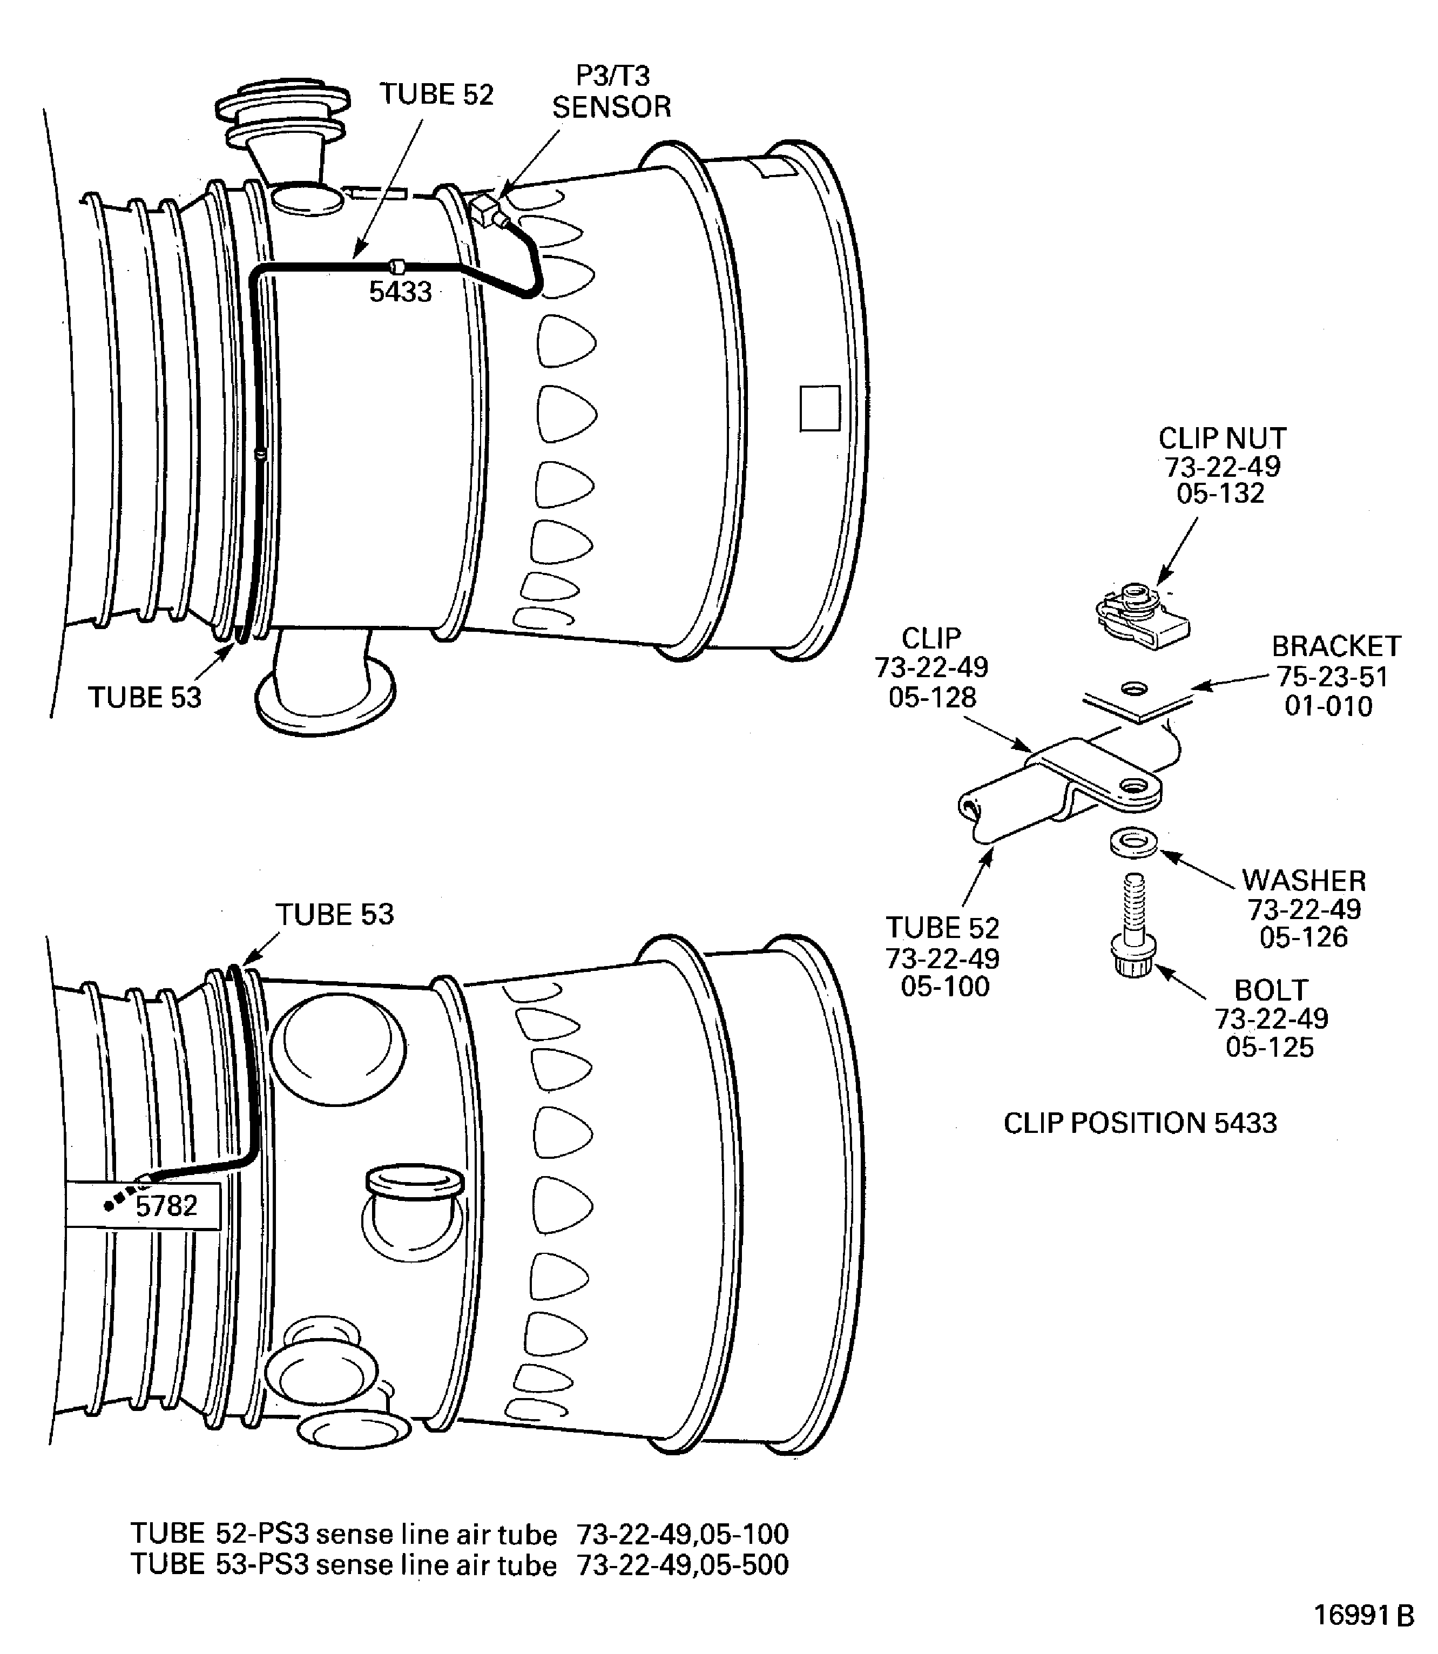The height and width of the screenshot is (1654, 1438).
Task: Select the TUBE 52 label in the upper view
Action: click(436, 94)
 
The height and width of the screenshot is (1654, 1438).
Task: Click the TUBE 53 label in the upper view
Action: click(144, 697)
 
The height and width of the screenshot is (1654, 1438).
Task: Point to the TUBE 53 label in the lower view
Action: click(335, 914)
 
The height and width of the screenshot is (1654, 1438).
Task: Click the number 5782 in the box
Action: click(166, 1205)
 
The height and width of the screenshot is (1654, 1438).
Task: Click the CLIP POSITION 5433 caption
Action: click(1139, 1123)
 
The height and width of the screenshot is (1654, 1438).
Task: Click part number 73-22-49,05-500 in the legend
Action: click(682, 1565)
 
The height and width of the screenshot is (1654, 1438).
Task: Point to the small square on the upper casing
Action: click(819, 408)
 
